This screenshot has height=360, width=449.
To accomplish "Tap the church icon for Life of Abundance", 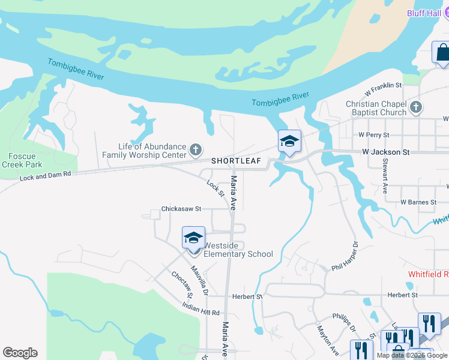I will pos(195,149).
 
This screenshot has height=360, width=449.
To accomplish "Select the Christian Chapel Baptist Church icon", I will pos(417,108).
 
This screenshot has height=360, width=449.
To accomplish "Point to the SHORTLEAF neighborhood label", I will pos(237,161).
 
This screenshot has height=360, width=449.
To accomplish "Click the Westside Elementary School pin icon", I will pos(193,238).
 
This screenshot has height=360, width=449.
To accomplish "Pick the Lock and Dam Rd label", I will pos(45,175).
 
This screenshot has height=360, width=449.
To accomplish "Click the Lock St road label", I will pos(215,188).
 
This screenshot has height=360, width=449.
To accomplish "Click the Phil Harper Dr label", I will pos(345,256).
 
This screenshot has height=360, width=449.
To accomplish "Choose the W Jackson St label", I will pos(386,152).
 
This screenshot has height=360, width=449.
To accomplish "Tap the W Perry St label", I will pos(373,135).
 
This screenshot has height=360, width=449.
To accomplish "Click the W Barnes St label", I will pos(418,202).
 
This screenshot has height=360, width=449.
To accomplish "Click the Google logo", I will pos(20,353).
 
